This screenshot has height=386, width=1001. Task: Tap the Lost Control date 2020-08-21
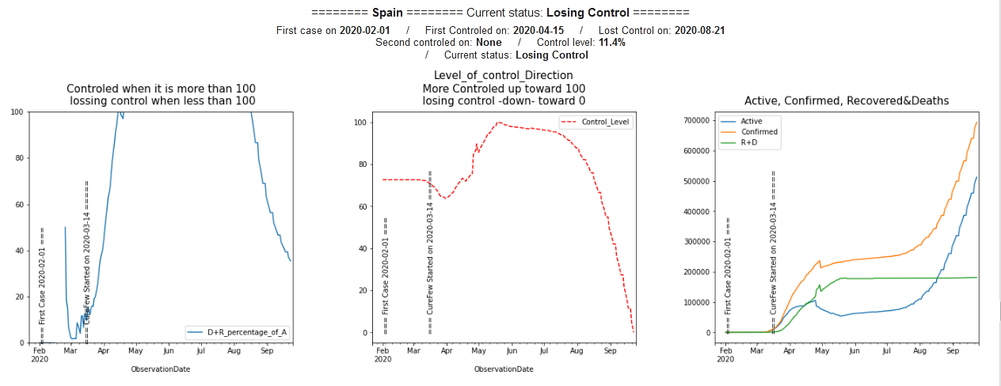coord(699,31)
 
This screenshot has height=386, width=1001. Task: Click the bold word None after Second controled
coord(489,43)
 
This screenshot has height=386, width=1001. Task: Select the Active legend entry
coord(751,121)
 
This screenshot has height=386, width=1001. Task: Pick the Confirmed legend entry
coord(759,132)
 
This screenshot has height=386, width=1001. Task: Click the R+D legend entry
coord(751,143)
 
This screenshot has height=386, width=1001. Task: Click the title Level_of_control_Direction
coord(504,76)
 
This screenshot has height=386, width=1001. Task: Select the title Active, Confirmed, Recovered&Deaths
coord(846,100)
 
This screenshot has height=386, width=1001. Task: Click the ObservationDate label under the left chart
coord(161,369)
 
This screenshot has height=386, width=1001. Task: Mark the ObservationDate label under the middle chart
coord(504,369)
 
